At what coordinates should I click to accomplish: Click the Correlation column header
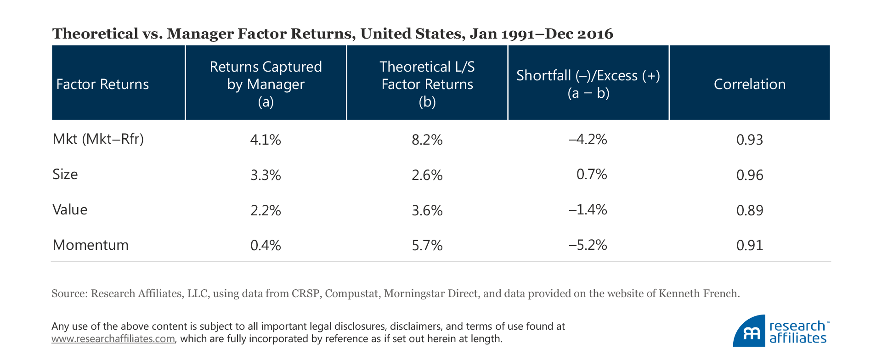click(x=749, y=84)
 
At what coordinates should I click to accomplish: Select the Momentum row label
click(x=90, y=245)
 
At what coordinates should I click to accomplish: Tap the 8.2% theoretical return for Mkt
click(x=427, y=140)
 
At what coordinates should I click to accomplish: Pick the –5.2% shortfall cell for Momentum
click(x=588, y=245)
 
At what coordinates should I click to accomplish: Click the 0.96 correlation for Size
click(x=749, y=175)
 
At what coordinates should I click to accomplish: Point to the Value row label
click(x=70, y=210)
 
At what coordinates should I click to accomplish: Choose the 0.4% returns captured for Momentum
click(x=266, y=245)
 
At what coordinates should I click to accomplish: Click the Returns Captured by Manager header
click(x=266, y=84)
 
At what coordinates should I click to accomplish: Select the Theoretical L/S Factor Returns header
click(x=427, y=84)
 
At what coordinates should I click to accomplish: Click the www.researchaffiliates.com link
click(x=113, y=339)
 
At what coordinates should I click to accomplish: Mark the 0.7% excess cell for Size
click(x=592, y=174)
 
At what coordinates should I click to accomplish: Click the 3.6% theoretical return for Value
click(x=427, y=210)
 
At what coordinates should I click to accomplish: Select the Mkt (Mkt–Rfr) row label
click(x=98, y=139)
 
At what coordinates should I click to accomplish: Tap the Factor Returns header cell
click(x=102, y=84)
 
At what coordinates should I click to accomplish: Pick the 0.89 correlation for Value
click(x=749, y=210)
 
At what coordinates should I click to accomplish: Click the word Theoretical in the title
click(x=95, y=34)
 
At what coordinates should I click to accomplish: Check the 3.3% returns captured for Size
click(x=266, y=175)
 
